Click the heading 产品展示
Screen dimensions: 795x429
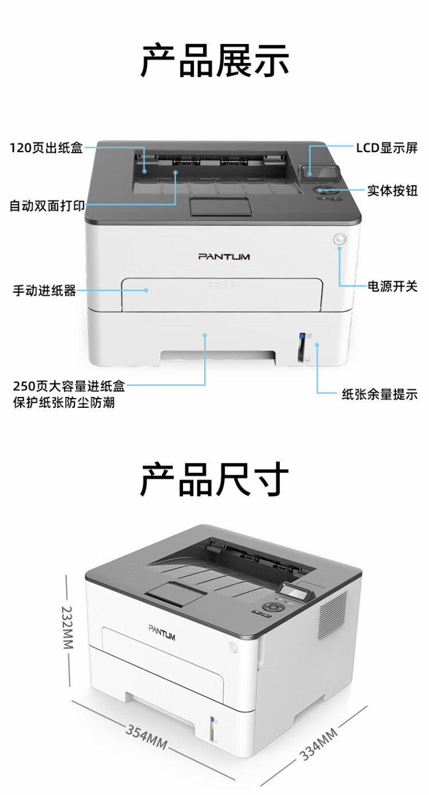click(x=214, y=60)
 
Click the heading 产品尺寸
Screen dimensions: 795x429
click(x=214, y=480)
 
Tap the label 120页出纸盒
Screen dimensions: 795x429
click(x=46, y=148)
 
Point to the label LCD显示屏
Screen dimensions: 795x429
click(x=387, y=148)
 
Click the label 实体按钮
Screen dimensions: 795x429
click(x=392, y=190)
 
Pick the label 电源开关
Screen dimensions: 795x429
click(x=392, y=286)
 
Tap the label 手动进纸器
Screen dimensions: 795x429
click(x=45, y=291)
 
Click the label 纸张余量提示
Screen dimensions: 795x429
click(x=379, y=393)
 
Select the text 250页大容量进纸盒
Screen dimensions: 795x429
click(x=69, y=387)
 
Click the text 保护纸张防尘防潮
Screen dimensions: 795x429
click(x=63, y=403)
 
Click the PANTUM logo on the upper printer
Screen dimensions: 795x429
click(x=224, y=257)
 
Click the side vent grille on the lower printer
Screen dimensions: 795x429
click(x=332, y=615)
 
